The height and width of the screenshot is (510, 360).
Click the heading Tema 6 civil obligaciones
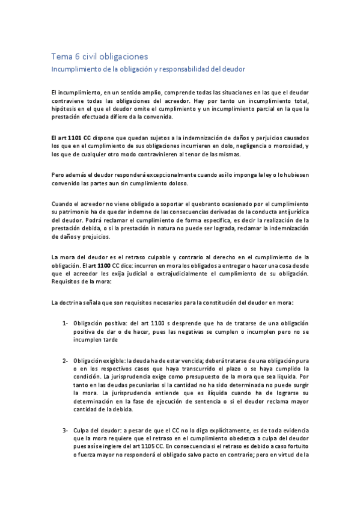pos(99,57)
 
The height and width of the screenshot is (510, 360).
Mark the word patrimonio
pos(78,212)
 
